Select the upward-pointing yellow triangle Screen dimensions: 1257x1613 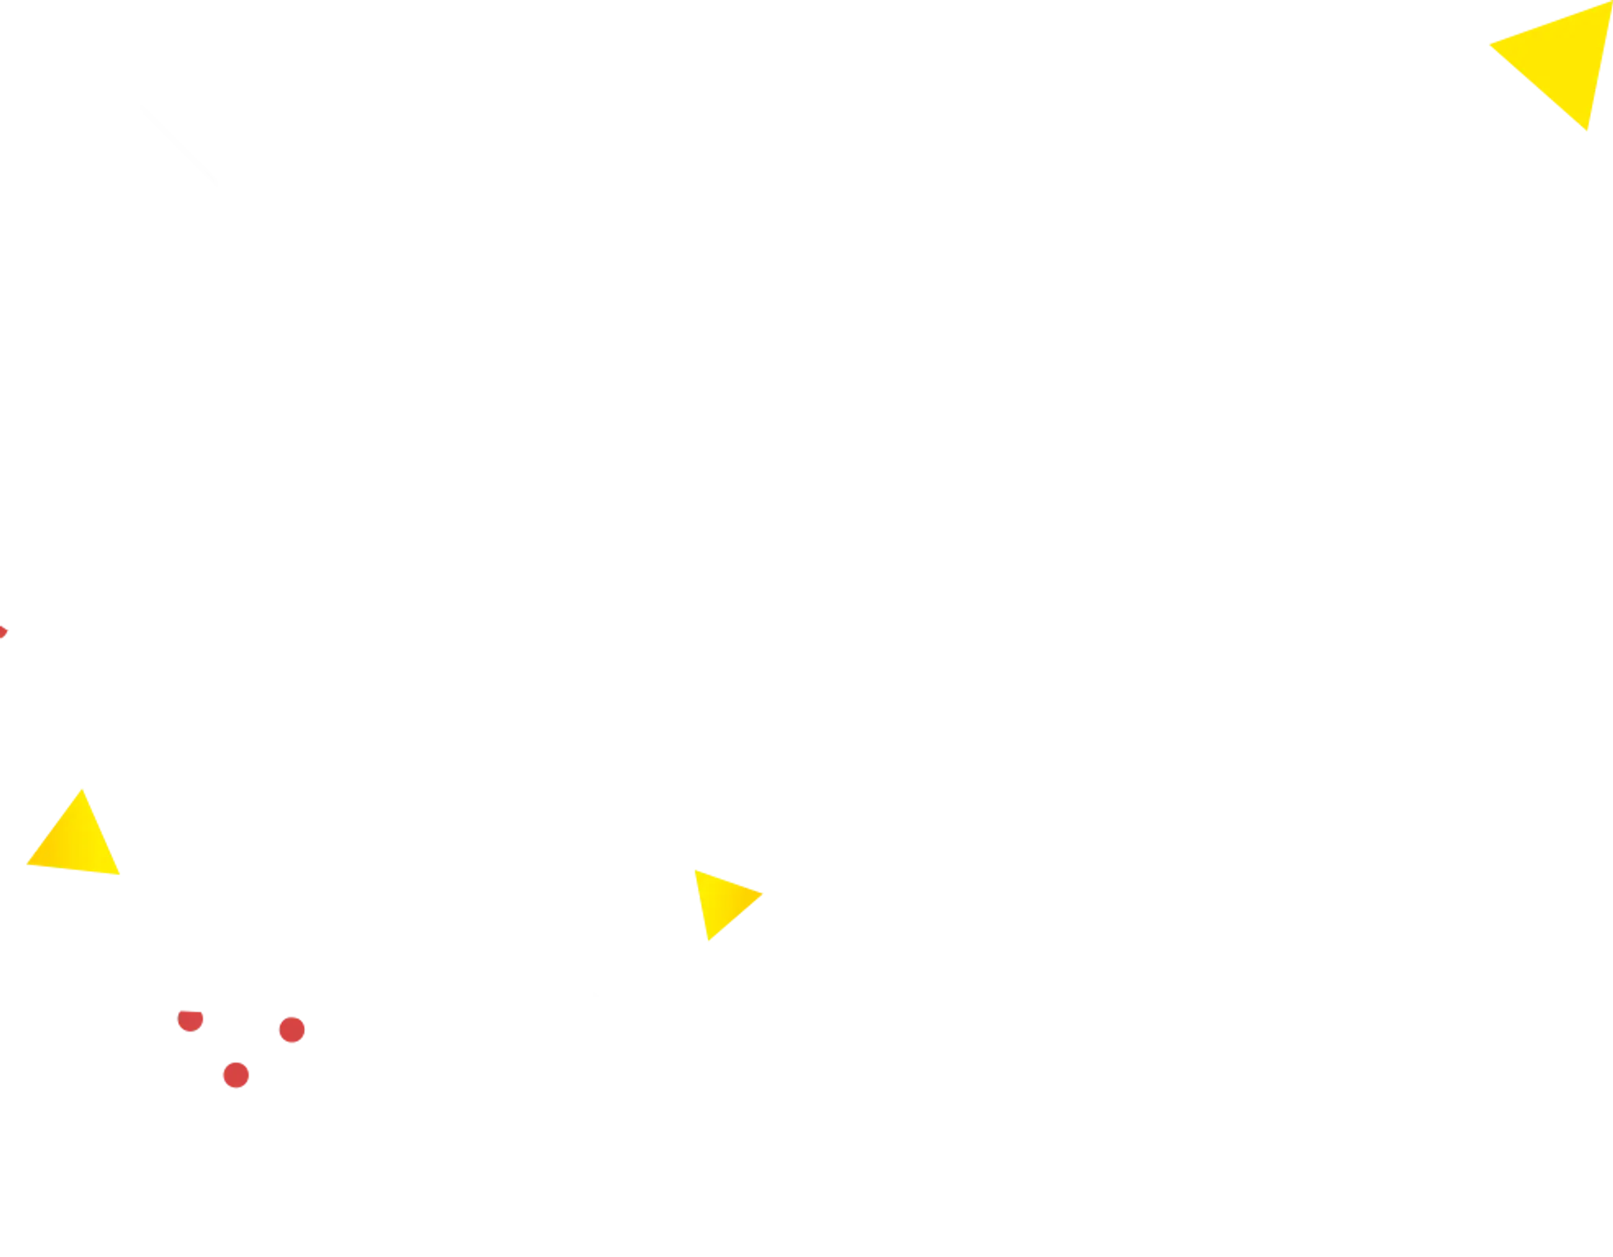click(77, 840)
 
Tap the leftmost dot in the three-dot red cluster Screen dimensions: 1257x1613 click(191, 1021)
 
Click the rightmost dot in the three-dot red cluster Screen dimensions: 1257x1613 click(291, 1030)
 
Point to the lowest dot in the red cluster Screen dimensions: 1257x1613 click(235, 1075)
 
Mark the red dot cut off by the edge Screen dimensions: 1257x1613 click(3, 632)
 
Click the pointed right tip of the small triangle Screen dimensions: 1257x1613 click(766, 895)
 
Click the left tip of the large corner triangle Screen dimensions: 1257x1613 click(1490, 46)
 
